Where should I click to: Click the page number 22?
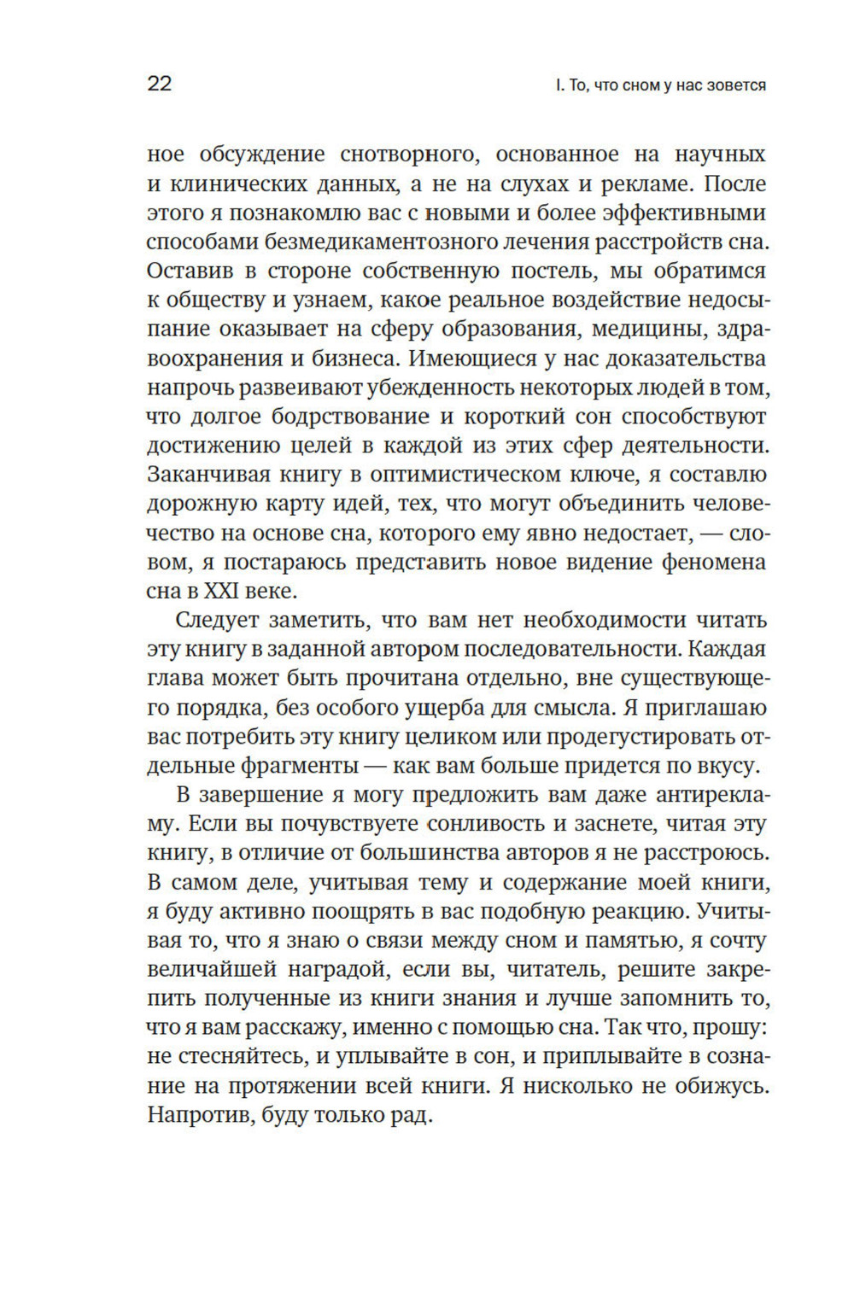coord(160,84)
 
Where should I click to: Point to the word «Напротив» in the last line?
coord(197,1115)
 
